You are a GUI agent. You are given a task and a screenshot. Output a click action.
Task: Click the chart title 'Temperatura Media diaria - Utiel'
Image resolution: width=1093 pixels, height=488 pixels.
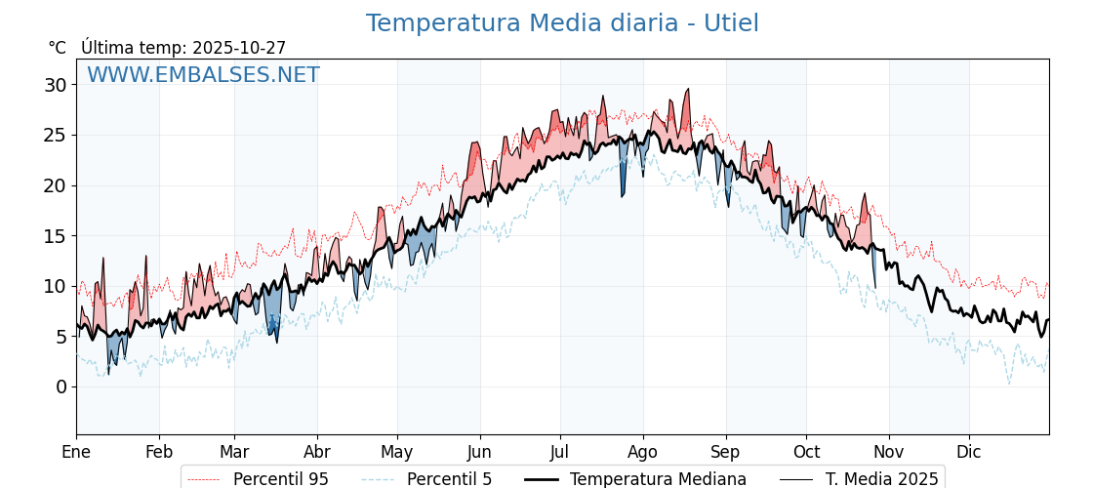pyautogui.click(x=562, y=23)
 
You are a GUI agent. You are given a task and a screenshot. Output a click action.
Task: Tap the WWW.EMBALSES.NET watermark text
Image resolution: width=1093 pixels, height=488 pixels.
pyautogui.click(x=203, y=75)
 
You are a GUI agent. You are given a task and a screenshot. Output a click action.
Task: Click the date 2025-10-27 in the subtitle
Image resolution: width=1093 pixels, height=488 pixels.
pyautogui.click(x=239, y=48)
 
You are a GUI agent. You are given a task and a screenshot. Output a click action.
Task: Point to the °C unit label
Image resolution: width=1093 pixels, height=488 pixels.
pyautogui.click(x=57, y=48)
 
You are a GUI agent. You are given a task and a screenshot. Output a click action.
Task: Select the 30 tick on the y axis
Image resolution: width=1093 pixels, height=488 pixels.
pyautogui.click(x=55, y=85)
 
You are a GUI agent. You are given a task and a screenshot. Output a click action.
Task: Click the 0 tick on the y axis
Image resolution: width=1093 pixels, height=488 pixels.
pyautogui.click(x=61, y=386)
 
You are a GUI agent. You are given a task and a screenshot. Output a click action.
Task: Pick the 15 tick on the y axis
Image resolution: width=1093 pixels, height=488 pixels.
pyautogui.click(x=55, y=236)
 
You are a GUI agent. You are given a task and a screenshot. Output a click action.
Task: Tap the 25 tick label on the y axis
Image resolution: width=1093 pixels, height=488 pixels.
pyautogui.click(x=55, y=136)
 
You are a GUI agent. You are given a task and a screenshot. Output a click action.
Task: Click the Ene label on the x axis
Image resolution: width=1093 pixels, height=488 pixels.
pyautogui.click(x=76, y=452)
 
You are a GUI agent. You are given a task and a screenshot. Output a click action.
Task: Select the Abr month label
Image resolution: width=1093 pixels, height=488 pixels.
pyautogui.click(x=317, y=452)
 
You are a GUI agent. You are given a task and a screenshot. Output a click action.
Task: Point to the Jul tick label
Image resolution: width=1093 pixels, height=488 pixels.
pyautogui.click(x=560, y=452)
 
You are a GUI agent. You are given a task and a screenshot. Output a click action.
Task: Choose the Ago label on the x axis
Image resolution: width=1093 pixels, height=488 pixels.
pyautogui.click(x=643, y=452)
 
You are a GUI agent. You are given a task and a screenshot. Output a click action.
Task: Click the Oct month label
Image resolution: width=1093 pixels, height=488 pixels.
pyautogui.click(x=806, y=452)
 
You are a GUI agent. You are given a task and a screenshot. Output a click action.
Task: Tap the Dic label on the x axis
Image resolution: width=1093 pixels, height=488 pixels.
pyautogui.click(x=969, y=452)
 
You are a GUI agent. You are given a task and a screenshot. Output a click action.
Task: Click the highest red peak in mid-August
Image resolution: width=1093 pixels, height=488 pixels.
pyautogui.click(x=687, y=91)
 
